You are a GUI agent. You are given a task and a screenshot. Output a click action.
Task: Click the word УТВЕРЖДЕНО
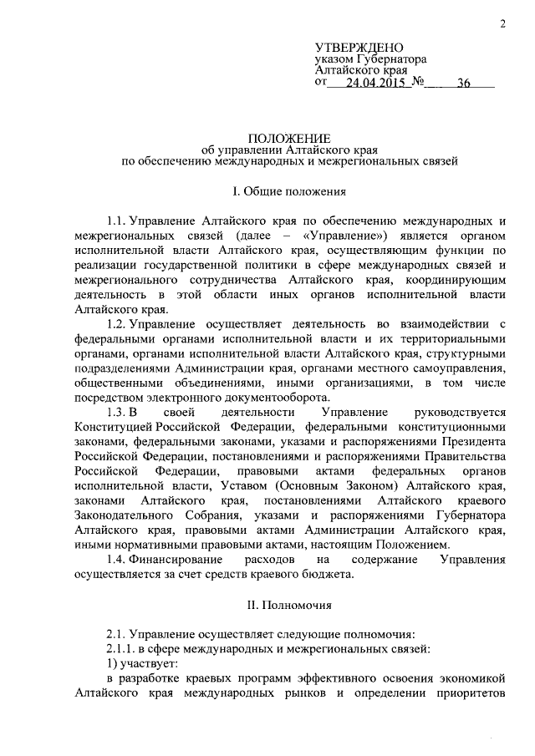pos(359,47)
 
